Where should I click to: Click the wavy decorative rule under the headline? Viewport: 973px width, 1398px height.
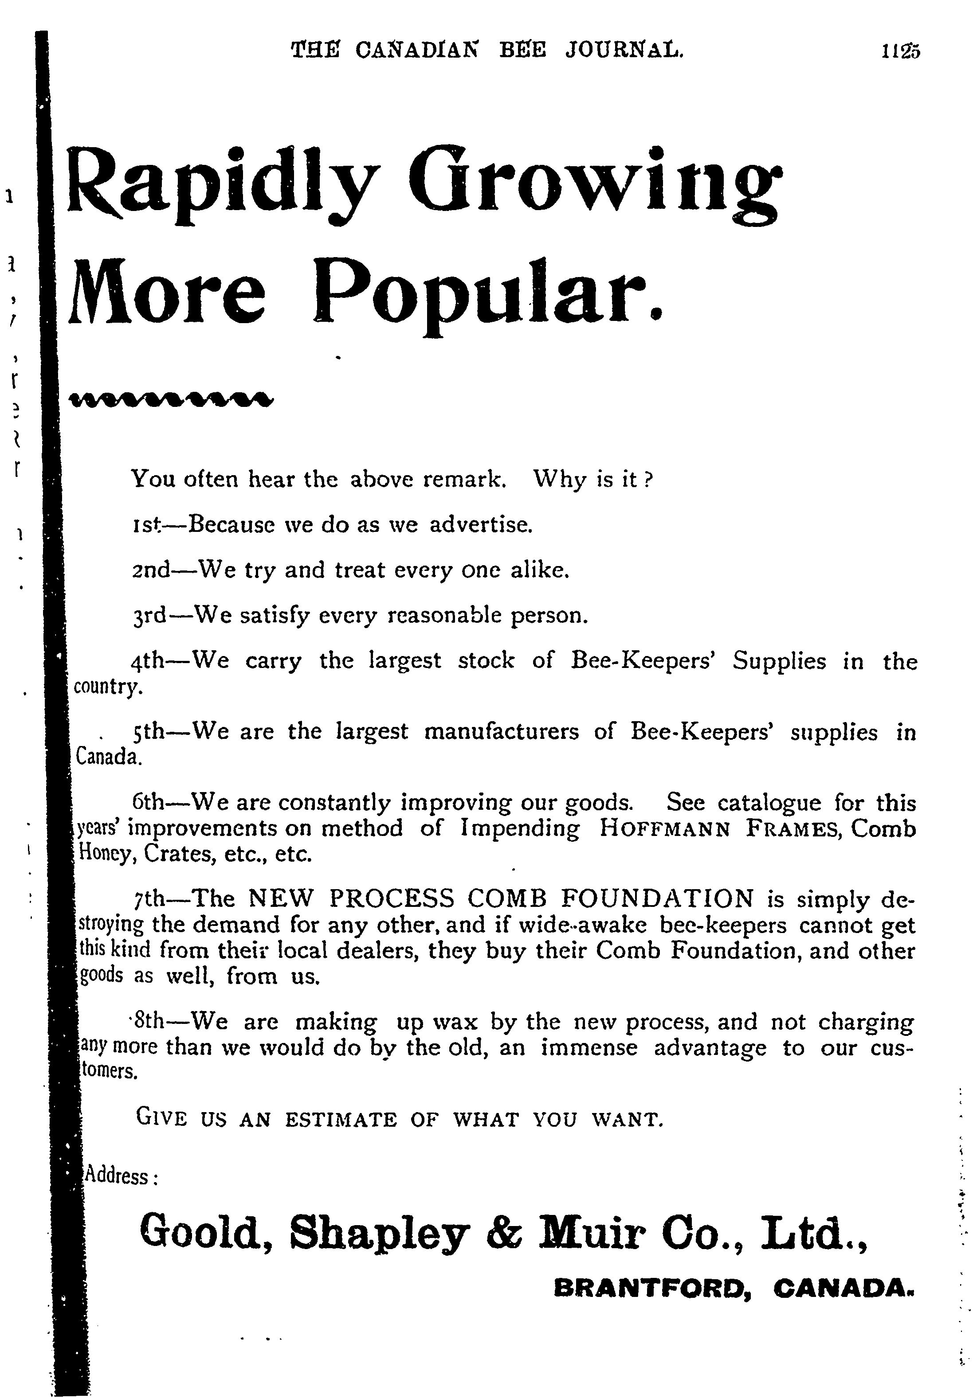point(171,399)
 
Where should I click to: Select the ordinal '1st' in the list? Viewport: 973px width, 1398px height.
point(145,524)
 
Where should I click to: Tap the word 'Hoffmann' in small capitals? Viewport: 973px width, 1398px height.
point(664,829)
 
